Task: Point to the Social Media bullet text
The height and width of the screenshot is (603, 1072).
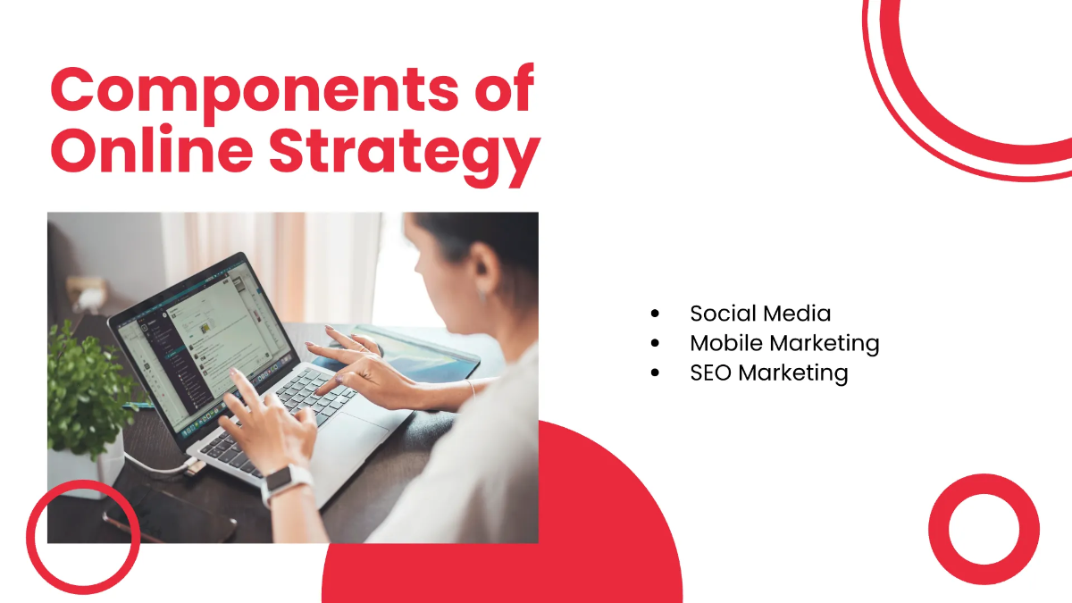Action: tap(760, 314)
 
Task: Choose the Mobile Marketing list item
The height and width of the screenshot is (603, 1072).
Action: tap(784, 343)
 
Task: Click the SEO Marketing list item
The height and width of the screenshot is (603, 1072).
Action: tap(768, 373)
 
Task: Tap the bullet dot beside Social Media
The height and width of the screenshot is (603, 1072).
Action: tap(657, 314)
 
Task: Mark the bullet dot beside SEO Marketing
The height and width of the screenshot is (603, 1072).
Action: tap(657, 373)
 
